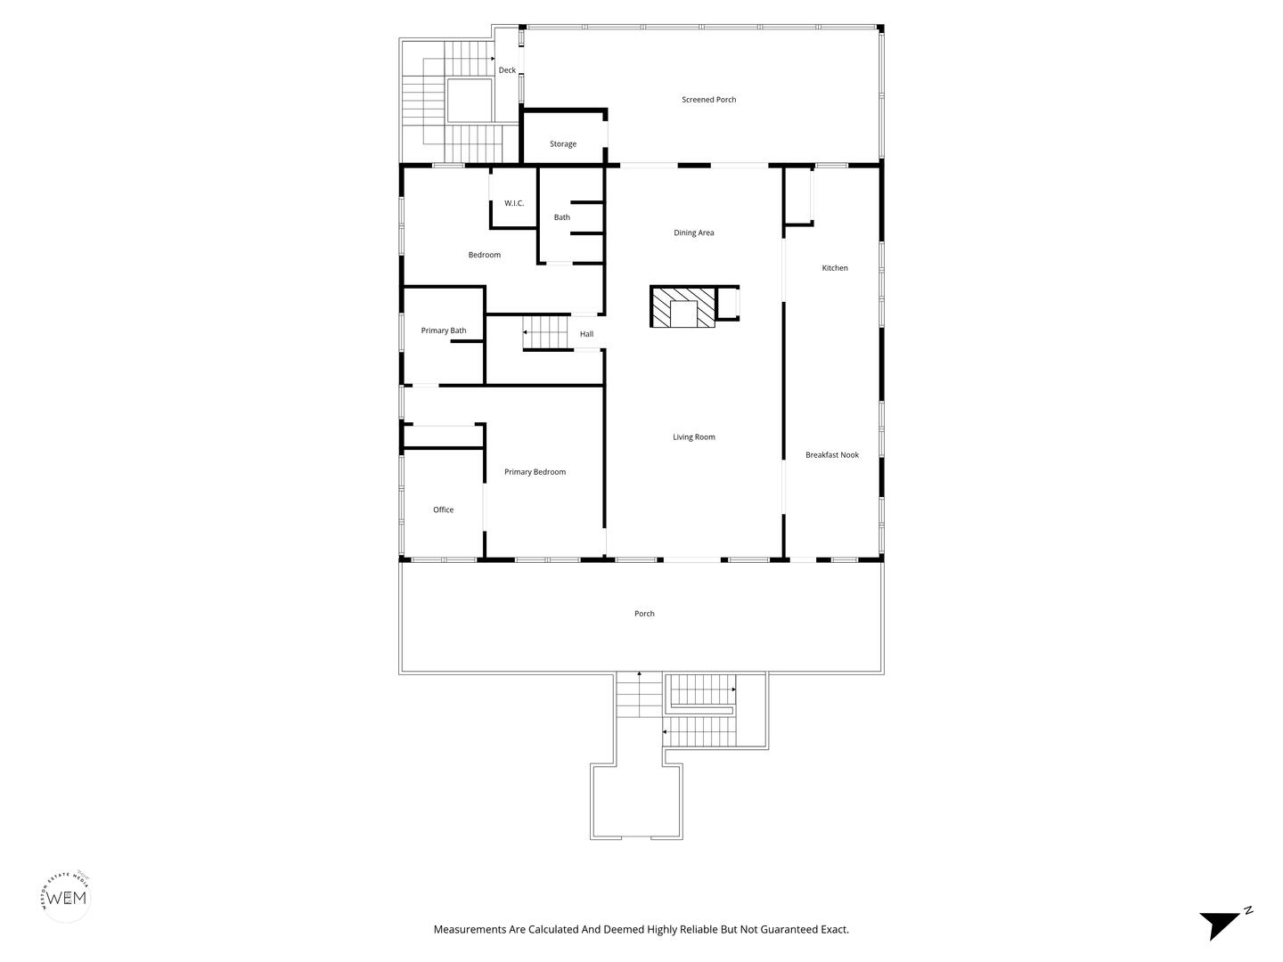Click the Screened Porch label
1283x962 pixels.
coord(708,100)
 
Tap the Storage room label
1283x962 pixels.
coord(563,144)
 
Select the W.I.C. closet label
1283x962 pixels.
coord(514,203)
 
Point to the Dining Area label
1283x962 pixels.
coord(694,232)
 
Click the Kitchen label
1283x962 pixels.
coord(835,268)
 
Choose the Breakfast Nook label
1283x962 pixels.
coord(832,455)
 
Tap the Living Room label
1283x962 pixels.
coord(694,436)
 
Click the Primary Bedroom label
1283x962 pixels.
coord(535,472)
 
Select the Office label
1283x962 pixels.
coord(443,510)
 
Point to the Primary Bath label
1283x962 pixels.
coord(444,330)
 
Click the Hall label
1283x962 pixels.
coord(586,334)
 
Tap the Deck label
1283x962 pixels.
coord(507,70)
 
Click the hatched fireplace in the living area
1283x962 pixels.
coord(682,306)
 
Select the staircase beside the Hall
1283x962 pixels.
coord(545,332)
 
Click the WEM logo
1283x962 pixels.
coord(67,897)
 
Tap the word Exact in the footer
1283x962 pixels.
coord(834,929)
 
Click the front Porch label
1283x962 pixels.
coord(644,614)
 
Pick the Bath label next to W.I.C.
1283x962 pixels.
coord(561,217)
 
